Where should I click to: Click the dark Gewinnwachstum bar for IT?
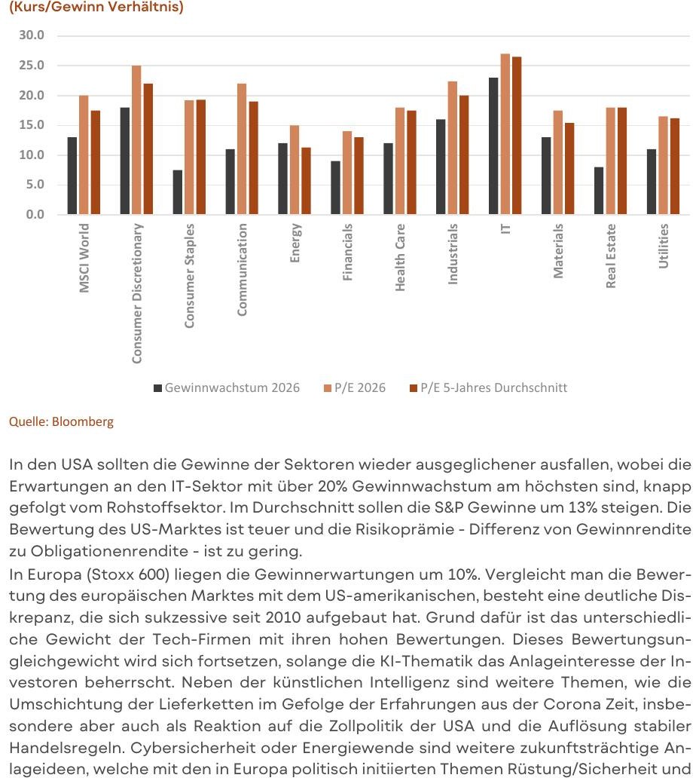coord(493,146)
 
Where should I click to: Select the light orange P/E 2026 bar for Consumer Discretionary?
coord(136,140)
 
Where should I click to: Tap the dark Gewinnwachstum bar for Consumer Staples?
coord(177,192)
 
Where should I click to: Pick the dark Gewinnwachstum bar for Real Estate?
coord(599,191)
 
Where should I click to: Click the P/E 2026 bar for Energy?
coord(295,170)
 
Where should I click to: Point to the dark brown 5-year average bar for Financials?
coord(359,176)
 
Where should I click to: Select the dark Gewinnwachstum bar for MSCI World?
coord(72,176)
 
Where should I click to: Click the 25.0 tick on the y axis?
coord(32,66)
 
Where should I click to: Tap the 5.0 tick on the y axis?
coord(35,185)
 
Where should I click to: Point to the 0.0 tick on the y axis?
coord(35,215)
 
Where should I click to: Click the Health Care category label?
coord(400,258)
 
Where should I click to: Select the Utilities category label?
coord(663,246)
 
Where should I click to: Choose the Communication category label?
coord(242,270)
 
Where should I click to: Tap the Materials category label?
coord(557,250)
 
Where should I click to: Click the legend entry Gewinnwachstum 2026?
coord(227,388)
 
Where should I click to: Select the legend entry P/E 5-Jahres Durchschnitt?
coord(488,388)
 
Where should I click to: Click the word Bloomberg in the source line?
coord(83,421)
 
